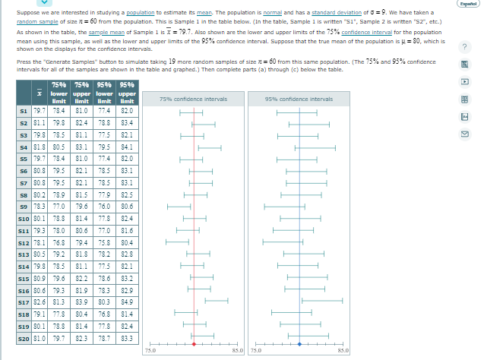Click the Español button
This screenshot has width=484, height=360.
[x=467, y=4]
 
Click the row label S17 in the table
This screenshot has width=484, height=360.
[x=24, y=301]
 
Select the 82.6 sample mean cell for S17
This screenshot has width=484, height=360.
[x=38, y=301]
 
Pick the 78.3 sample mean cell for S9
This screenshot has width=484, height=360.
[x=38, y=205]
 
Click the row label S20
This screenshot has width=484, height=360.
[x=24, y=336]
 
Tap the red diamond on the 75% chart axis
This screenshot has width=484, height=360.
[x=195, y=344]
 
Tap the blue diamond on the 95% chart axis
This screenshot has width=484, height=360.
[x=300, y=344]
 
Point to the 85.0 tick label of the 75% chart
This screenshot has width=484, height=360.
[x=237, y=350]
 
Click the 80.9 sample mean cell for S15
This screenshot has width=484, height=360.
[x=38, y=277]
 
